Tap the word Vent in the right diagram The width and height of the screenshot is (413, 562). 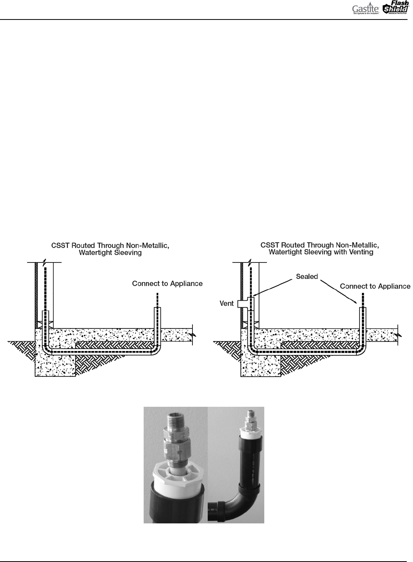[226, 303]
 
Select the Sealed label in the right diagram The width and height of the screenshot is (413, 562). [307, 276]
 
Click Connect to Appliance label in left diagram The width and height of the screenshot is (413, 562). [167, 284]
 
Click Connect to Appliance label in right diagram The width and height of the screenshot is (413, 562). [375, 287]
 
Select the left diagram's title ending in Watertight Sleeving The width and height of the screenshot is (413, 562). [110, 252]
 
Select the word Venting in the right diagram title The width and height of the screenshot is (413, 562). [359, 252]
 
